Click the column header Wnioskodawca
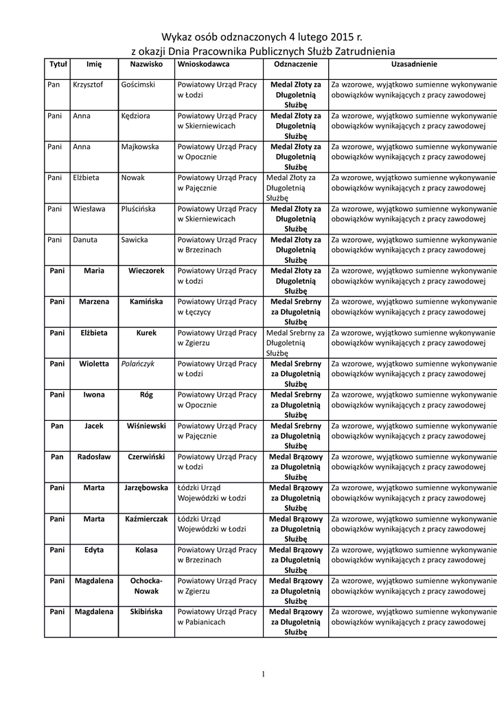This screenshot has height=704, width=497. (203, 64)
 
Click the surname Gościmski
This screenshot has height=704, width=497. (138, 85)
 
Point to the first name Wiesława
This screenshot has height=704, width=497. (89, 209)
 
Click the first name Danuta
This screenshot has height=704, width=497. (85, 240)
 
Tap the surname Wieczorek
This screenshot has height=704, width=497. (146, 271)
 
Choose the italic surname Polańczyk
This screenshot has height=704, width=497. (137, 364)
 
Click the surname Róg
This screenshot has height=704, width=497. (146, 395)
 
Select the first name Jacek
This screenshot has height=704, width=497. (94, 426)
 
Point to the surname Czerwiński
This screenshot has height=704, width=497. (146, 456)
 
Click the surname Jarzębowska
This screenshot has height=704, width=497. (146, 487)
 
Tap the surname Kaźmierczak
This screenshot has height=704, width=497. (146, 518)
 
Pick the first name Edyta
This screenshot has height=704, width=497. (94, 550)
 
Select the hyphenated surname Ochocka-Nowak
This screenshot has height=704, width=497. (146, 586)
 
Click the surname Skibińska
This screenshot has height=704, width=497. (146, 612)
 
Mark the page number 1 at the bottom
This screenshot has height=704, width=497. (263, 674)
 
